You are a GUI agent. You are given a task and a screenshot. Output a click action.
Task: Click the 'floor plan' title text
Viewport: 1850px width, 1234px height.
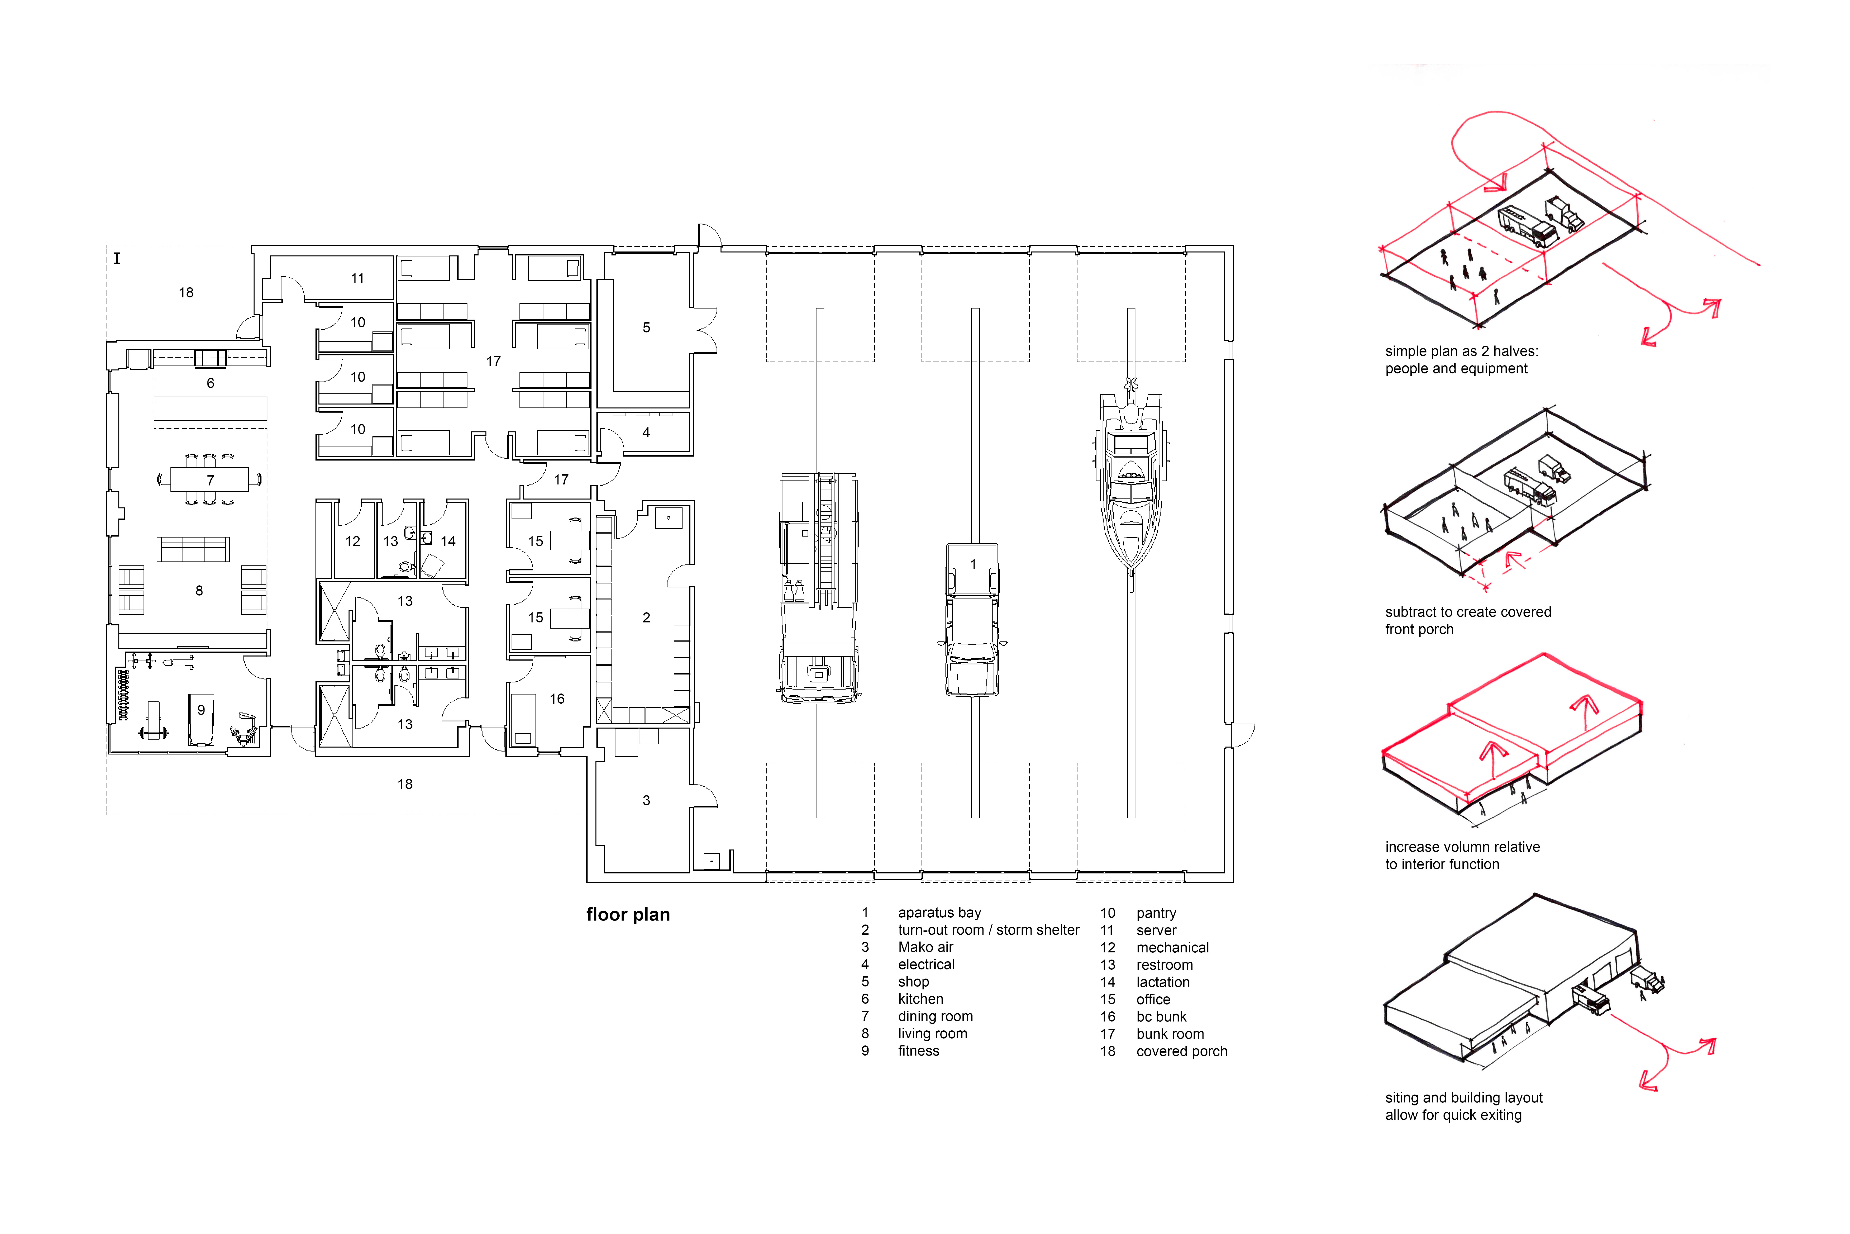pyautogui.click(x=628, y=914)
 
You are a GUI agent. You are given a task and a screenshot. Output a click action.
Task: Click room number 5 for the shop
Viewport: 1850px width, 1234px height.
pyautogui.click(x=647, y=328)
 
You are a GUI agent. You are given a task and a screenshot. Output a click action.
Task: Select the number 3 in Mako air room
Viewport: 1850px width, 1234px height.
pyautogui.click(x=647, y=800)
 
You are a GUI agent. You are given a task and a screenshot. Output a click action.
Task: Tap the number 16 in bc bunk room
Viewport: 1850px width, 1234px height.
pyautogui.click(x=557, y=699)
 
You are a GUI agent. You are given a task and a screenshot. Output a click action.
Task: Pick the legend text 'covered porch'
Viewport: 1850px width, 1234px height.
pyautogui.click(x=1182, y=1051)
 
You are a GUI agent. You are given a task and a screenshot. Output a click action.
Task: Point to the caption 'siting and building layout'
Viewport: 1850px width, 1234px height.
pyautogui.click(x=1464, y=1098)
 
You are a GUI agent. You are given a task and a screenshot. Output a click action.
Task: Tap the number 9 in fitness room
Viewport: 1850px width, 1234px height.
pyautogui.click(x=201, y=710)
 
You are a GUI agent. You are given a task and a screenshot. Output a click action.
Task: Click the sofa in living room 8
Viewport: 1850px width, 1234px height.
pyautogui.click(x=193, y=549)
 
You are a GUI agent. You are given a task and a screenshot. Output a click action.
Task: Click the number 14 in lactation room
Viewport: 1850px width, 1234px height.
pyautogui.click(x=448, y=541)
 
